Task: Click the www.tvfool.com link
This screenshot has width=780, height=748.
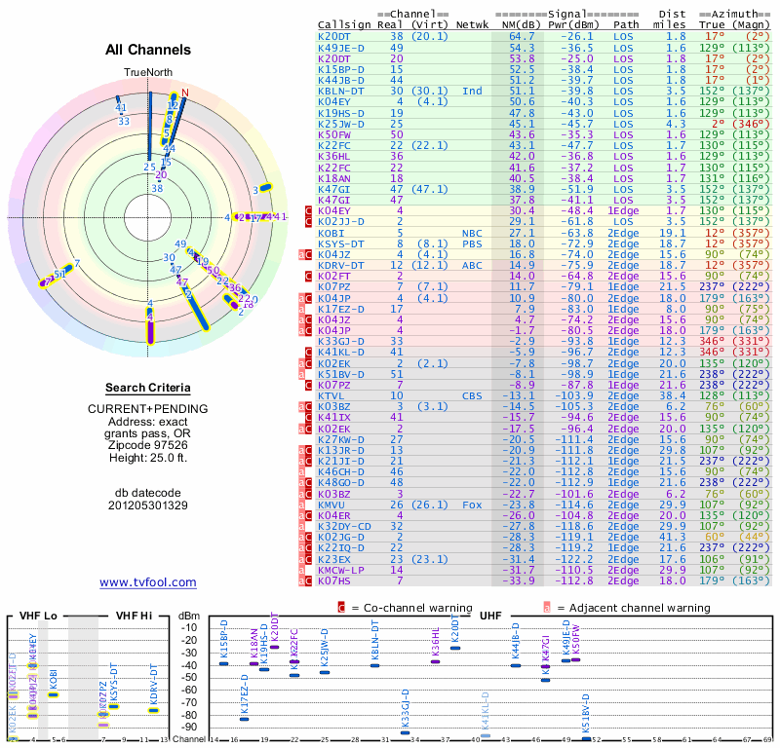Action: (148, 582)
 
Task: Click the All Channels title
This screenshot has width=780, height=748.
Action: (148, 49)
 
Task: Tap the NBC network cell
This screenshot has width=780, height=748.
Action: (473, 234)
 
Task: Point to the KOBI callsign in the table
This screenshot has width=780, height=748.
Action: (331, 234)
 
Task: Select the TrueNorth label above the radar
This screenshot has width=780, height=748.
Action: (147, 73)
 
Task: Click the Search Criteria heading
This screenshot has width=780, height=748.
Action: (148, 388)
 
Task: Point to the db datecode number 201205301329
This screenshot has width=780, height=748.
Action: (148, 505)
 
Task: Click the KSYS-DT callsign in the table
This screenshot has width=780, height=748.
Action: (340, 244)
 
